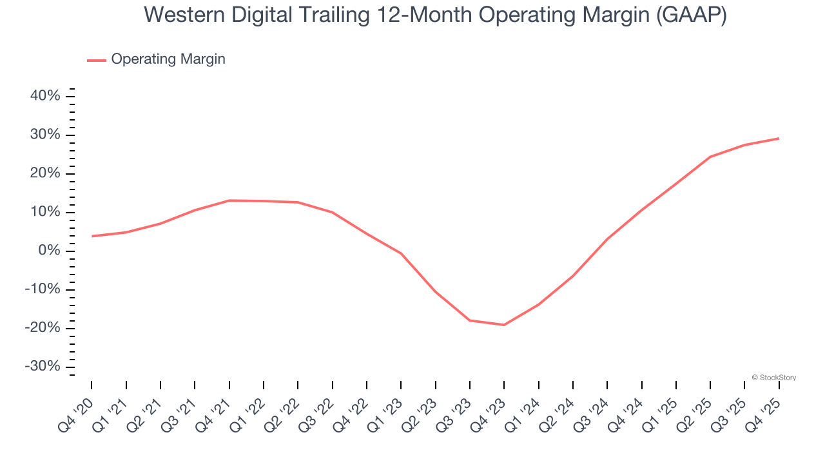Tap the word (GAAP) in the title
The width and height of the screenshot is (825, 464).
click(x=692, y=15)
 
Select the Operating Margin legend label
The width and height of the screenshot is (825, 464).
click(x=168, y=59)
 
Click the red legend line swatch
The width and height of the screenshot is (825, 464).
click(x=97, y=60)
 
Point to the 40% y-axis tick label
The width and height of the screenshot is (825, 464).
click(x=45, y=96)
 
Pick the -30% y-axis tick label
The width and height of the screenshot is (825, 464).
click(x=43, y=366)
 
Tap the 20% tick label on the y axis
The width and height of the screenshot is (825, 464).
click(x=45, y=173)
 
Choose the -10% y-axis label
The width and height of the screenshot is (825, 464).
click(x=43, y=289)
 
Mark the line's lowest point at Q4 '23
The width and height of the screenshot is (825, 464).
click(x=504, y=325)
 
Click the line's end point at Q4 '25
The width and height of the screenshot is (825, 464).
click(x=779, y=139)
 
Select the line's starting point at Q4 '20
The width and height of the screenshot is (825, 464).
click(x=92, y=236)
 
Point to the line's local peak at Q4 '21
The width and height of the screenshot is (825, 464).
click(x=229, y=200)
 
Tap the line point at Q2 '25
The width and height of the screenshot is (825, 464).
click(x=710, y=157)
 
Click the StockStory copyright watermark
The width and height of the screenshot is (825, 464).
click(x=773, y=378)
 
